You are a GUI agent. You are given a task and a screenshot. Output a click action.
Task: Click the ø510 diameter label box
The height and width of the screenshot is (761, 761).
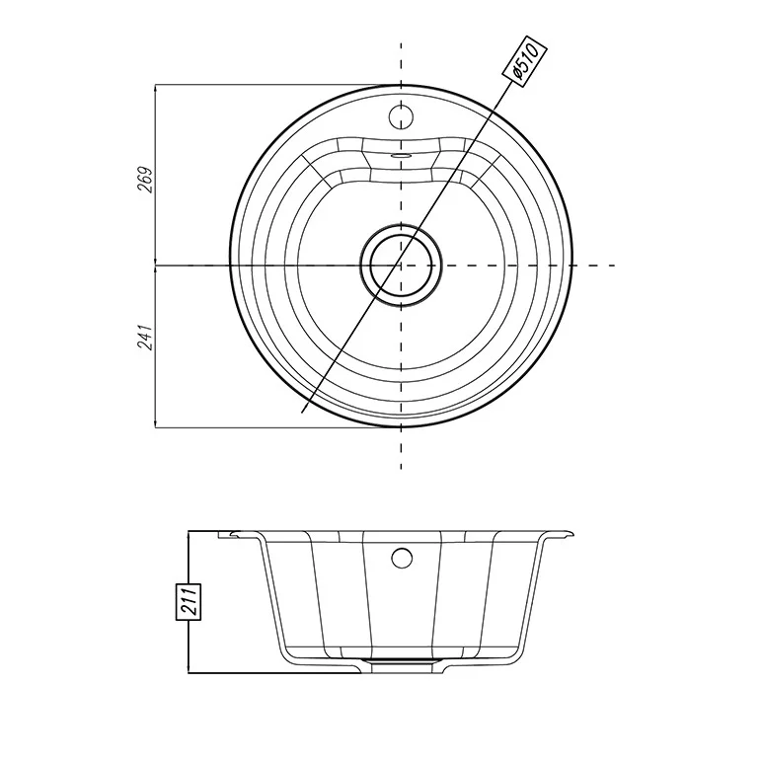[x=524, y=60]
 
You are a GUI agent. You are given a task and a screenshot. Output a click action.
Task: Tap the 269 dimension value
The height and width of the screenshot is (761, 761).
[x=146, y=180]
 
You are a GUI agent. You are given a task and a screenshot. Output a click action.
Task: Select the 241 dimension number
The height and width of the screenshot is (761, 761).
[x=146, y=337]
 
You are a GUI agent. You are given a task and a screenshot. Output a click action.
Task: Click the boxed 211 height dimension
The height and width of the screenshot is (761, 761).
[x=188, y=602]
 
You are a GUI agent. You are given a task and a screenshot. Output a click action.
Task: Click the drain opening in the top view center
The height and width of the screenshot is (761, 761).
[x=401, y=266]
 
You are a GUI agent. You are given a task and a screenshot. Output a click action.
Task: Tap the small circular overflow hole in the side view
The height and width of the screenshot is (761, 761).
[x=402, y=558]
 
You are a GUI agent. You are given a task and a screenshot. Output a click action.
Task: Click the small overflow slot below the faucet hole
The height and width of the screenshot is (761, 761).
[x=401, y=155]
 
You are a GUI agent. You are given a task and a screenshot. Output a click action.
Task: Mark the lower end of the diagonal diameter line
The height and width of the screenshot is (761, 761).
[x=302, y=413]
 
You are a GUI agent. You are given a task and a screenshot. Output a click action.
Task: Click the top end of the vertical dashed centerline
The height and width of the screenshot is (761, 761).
[x=401, y=43]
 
